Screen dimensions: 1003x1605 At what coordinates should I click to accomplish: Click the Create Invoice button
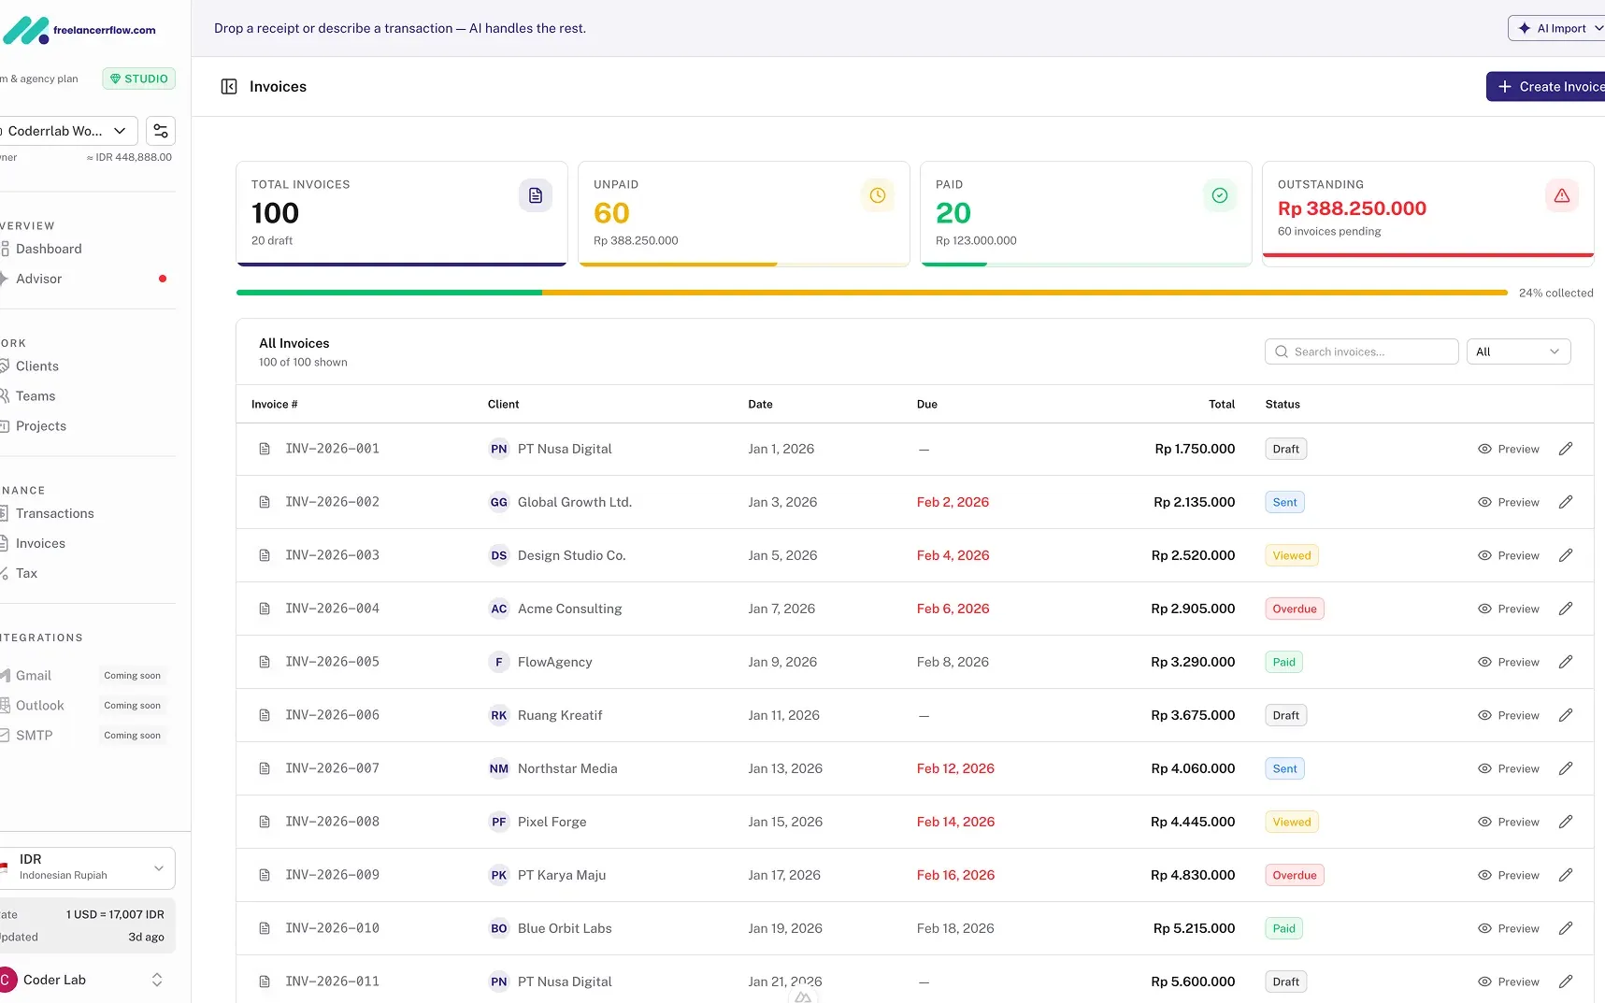[x=1547, y=87]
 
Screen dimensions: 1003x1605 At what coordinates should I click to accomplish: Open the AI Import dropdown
[x=1556, y=28]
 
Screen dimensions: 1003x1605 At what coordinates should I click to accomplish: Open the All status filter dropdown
[x=1517, y=351]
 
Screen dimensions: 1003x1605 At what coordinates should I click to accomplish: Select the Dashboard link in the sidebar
[x=49, y=249]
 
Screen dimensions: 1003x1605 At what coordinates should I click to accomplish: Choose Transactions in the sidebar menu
[x=54, y=513]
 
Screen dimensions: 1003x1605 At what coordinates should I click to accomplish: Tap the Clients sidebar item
[x=37, y=366]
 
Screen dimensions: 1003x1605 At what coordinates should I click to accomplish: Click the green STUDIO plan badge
[x=139, y=79]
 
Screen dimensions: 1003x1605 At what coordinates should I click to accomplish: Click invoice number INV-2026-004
[x=332, y=609]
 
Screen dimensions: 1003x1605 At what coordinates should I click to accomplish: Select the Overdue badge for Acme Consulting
[x=1294, y=609]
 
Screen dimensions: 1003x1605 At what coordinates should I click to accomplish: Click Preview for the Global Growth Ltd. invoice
[x=1508, y=502]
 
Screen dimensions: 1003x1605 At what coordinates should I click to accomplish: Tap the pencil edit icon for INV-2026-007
[x=1566, y=768]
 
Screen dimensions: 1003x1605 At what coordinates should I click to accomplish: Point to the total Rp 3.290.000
[x=1193, y=662]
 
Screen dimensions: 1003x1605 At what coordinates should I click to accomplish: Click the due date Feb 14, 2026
[x=955, y=822]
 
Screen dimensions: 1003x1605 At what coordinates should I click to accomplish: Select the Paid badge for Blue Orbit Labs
[x=1283, y=928]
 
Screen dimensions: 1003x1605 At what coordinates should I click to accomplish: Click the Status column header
[x=1283, y=404]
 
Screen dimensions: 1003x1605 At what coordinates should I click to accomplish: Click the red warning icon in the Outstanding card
[x=1561, y=195]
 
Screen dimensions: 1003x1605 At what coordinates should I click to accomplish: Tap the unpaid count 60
[x=611, y=213]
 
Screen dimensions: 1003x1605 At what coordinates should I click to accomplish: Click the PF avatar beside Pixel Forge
[x=498, y=822]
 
